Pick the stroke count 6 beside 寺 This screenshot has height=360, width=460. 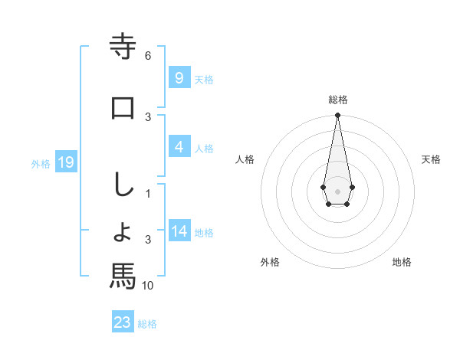(x=148, y=56)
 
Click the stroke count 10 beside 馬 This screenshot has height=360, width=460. (x=148, y=286)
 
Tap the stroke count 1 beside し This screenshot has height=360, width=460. (x=148, y=195)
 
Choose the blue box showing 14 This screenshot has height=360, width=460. (x=179, y=231)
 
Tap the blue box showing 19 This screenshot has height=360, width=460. (x=65, y=162)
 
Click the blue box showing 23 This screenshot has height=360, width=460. (x=123, y=322)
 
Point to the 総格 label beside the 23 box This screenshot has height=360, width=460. (x=147, y=324)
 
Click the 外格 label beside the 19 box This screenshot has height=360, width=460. (x=41, y=163)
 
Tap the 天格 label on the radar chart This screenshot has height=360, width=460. (x=432, y=159)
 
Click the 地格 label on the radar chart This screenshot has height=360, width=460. (x=402, y=262)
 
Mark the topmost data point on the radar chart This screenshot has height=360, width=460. (x=337, y=116)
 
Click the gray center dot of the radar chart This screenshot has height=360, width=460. (x=337, y=191)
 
